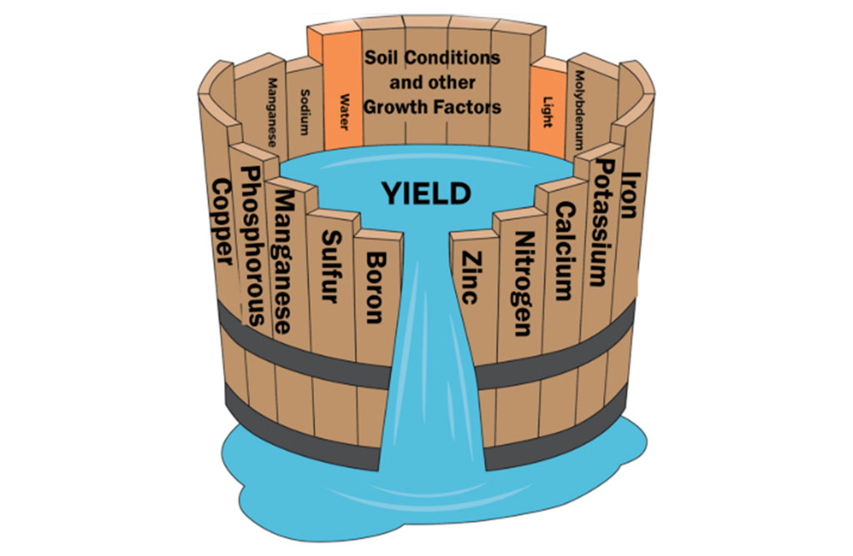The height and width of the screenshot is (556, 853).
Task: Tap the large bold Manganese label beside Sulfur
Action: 287,261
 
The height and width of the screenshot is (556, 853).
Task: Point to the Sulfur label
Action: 330,267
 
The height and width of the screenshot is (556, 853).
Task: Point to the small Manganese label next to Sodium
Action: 272,113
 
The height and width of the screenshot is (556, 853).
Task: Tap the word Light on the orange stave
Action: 547,114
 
